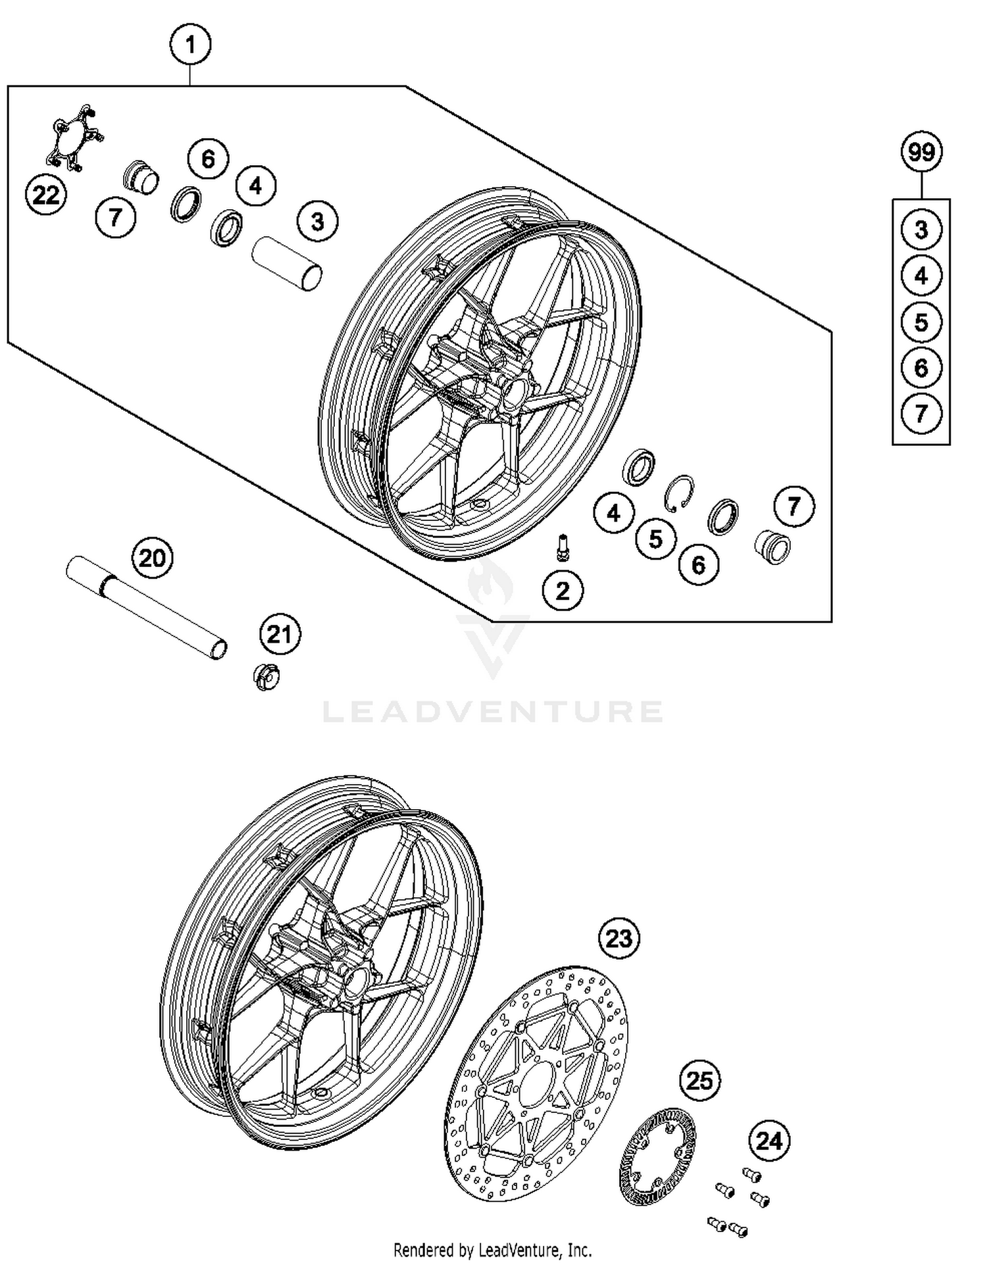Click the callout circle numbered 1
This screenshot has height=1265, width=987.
point(190,45)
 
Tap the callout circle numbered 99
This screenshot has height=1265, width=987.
point(921,152)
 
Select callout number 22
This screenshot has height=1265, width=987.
point(46,195)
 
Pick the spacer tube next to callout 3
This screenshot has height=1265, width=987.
point(288,262)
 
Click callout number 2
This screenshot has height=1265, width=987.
point(563,590)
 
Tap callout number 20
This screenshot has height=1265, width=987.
point(152,558)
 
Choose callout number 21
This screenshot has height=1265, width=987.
point(280,634)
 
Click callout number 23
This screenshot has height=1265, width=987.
point(619,938)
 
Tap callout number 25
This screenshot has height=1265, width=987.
point(699,1080)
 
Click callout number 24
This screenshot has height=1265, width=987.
point(769,1141)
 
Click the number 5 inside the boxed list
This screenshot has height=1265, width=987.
point(921,322)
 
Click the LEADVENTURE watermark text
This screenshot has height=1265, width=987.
point(492,712)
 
